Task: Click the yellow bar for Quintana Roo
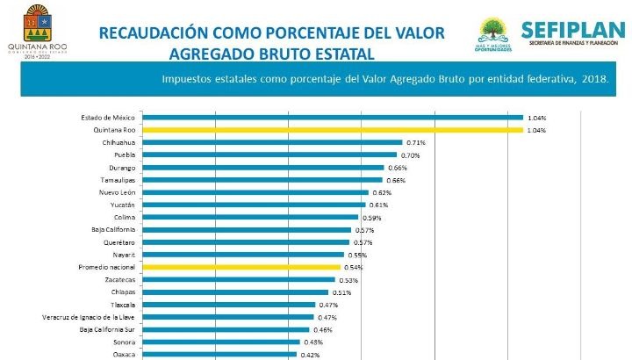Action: [x=332, y=130]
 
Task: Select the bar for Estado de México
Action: [x=332, y=118]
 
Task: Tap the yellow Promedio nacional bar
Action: [x=241, y=267]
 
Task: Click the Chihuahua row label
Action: [x=118, y=142]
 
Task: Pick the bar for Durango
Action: [x=263, y=168]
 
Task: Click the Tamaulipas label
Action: [x=117, y=180]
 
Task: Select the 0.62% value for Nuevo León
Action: [x=381, y=192]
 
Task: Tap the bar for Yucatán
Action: [x=254, y=205]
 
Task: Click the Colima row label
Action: [x=124, y=217]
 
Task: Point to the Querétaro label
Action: [x=118, y=242]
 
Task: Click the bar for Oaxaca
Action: [x=219, y=354]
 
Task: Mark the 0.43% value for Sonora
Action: [x=312, y=342]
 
